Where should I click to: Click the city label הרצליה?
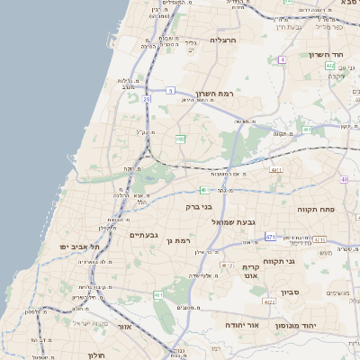[x=222, y=40]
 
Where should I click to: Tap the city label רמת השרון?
[x=212, y=94]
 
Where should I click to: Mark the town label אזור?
[x=123, y=328]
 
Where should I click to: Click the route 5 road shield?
[x=170, y=91]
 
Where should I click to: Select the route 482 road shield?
[x=180, y=139]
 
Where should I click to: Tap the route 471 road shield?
[x=270, y=237]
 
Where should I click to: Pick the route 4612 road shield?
[x=226, y=266]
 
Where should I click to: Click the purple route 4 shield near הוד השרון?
[x=282, y=59]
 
